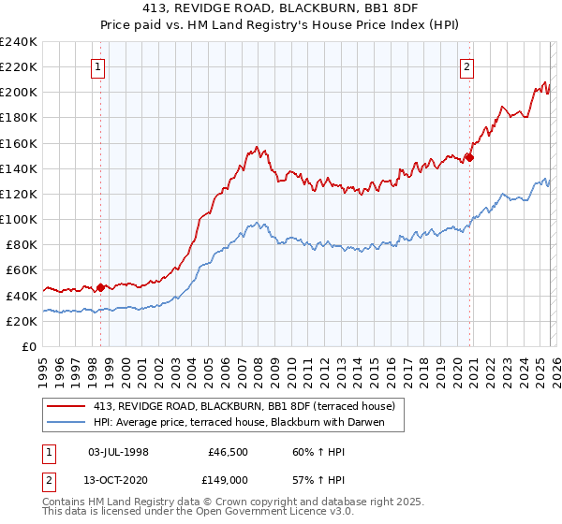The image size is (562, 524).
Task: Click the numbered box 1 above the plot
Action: click(98, 66)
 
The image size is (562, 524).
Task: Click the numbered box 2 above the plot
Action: click(466, 66)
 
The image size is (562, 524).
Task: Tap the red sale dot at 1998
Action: click(101, 287)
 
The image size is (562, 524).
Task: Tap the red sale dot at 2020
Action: click(469, 157)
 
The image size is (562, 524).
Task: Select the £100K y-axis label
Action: click(19, 219)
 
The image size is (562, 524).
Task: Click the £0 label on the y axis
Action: click(28, 346)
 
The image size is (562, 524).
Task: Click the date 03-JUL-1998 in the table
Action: click(118, 451)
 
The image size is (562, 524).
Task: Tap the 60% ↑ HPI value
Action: click(304, 451)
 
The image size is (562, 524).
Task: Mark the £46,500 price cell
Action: click(225, 451)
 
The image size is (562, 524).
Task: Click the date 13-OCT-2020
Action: click(118, 479)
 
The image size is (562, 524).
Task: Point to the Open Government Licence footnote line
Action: click(184, 512)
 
